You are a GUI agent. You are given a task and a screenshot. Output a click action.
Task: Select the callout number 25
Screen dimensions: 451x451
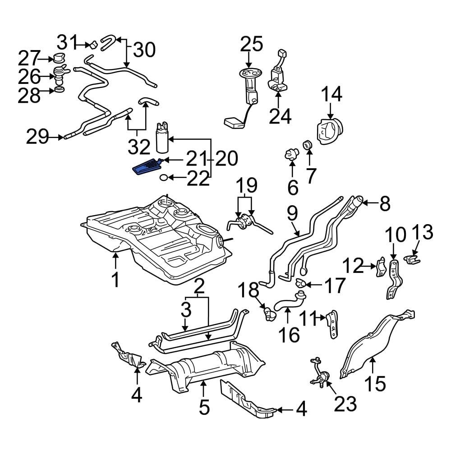pos(251,45)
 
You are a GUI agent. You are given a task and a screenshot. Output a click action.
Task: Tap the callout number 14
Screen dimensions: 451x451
pos(331,95)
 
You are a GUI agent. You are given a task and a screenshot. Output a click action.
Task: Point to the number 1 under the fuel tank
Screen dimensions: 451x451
pos(115,280)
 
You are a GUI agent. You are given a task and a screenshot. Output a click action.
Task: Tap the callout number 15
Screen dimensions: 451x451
pos(375,383)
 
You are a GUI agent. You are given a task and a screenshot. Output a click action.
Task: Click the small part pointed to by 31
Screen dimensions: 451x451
pos(93,45)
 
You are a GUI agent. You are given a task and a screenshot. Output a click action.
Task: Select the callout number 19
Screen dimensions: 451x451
pos(246,185)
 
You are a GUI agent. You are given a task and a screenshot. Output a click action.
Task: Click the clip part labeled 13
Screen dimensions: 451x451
pos(412,260)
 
